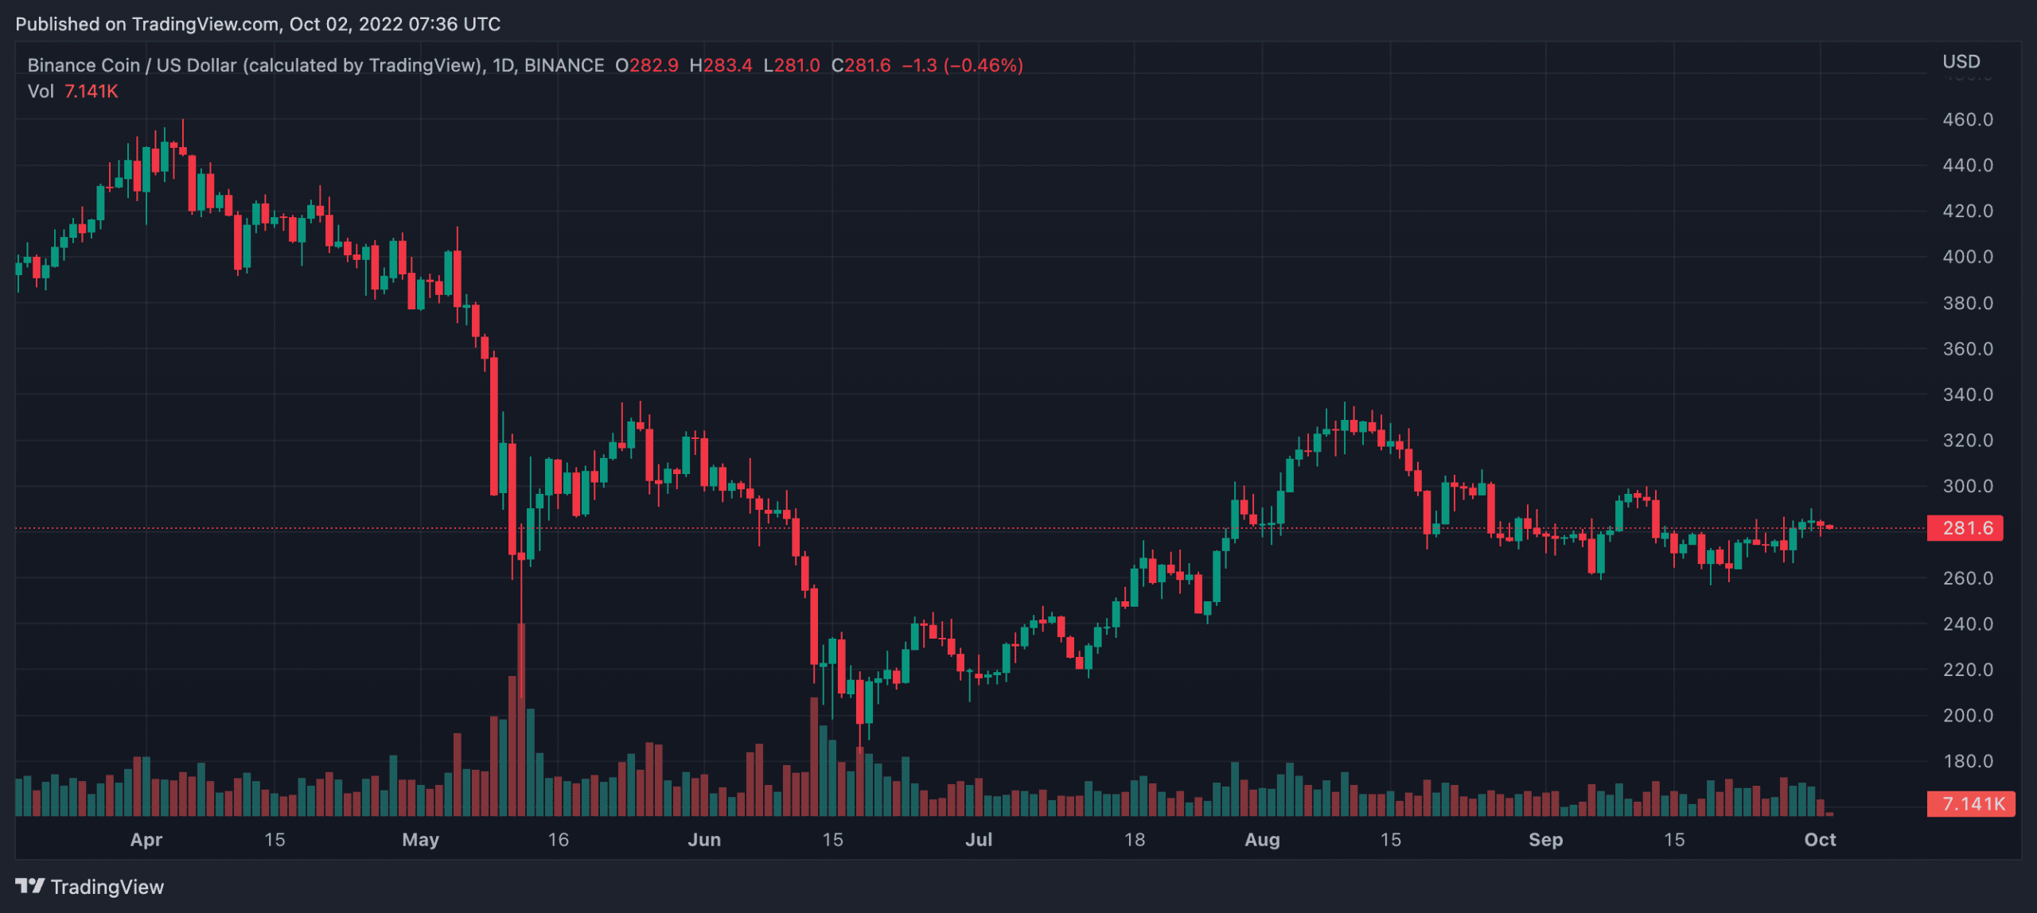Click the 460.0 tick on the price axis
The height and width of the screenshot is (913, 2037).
click(1967, 119)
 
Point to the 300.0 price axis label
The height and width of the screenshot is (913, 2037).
click(1967, 486)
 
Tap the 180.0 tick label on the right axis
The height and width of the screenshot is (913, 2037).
click(1967, 761)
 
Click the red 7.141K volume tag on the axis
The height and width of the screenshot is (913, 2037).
click(1972, 803)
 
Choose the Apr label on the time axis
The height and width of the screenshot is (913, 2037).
click(146, 839)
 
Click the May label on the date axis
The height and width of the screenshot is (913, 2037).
click(420, 839)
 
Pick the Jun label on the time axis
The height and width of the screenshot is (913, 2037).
click(704, 839)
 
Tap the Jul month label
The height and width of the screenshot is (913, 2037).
click(979, 839)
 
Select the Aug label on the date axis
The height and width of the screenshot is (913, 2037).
click(1262, 839)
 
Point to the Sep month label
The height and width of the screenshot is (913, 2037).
click(1545, 839)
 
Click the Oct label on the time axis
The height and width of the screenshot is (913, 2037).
click(1820, 839)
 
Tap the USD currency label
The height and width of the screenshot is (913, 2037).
click(1961, 61)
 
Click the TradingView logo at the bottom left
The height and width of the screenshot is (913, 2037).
click(89, 886)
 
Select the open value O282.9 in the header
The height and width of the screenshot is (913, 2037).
click(647, 65)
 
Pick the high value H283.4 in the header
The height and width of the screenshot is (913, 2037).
click(720, 65)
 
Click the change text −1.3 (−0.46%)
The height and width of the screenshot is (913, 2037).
click(962, 65)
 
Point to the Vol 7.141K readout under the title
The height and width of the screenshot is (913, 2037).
click(73, 91)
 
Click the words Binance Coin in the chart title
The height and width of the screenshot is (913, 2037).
click(83, 65)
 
